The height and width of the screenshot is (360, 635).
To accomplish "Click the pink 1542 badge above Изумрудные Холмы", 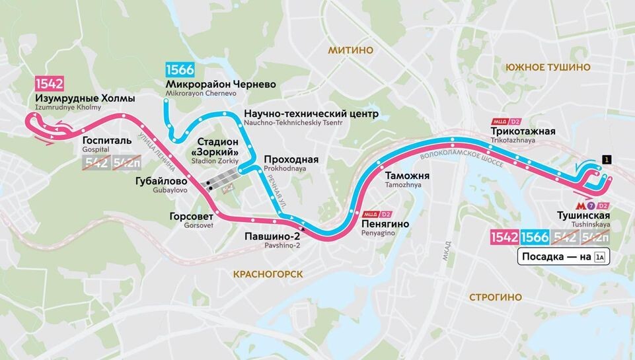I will pyautogui.click(x=50, y=84).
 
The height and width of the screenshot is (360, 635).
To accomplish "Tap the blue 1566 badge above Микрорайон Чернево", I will pyautogui.click(x=180, y=70).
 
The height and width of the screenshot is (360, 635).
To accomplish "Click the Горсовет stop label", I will pyautogui.click(x=190, y=215).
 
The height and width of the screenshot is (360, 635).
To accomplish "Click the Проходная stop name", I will pyautogui.click(x=291, y=160).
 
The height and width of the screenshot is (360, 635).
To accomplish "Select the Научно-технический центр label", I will pyautogui.click(x=311, y=114).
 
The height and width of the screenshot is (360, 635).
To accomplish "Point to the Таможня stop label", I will pyautogui.click(x=407, y=176).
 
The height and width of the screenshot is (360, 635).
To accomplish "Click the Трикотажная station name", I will pyautogui.click(x=523, y=131).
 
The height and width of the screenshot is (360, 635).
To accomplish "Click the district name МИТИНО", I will pyautogui.click(x=350, y=50).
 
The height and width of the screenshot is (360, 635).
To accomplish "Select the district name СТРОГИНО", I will pyautogui.click(x=496, y=297).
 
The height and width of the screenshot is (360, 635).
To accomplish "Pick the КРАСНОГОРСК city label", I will pyautogui.click(x=268, y=273).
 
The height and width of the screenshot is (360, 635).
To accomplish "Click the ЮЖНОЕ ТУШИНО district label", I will pyautogui.click(x=547, y=67).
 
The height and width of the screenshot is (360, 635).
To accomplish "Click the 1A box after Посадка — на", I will pyautogui.click(x=599, y=257).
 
